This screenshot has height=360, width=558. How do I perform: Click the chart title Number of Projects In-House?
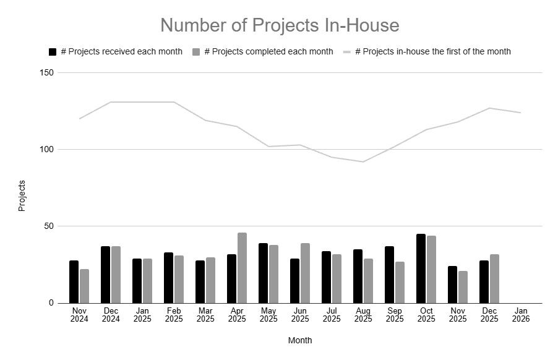[280, 25]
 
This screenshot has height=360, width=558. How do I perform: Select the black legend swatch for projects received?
[53, 52]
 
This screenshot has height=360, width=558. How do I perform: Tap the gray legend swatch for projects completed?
[196, 52]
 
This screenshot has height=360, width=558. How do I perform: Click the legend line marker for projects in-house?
[347, 52]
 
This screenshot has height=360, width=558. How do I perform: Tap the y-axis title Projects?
[22, 195]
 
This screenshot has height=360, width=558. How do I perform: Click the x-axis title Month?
[300, 340]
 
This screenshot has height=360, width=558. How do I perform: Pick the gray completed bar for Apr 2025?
[242, 268]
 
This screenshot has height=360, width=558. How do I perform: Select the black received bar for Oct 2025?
[421, 268]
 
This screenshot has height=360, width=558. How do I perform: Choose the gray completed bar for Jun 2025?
[305, 273]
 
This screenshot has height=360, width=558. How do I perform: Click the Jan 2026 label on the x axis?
[520, 315]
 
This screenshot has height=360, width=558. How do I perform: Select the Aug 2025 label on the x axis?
[363, 315]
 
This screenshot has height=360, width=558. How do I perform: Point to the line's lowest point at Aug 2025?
[363, 162]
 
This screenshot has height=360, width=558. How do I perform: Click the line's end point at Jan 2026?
[520, 113]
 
